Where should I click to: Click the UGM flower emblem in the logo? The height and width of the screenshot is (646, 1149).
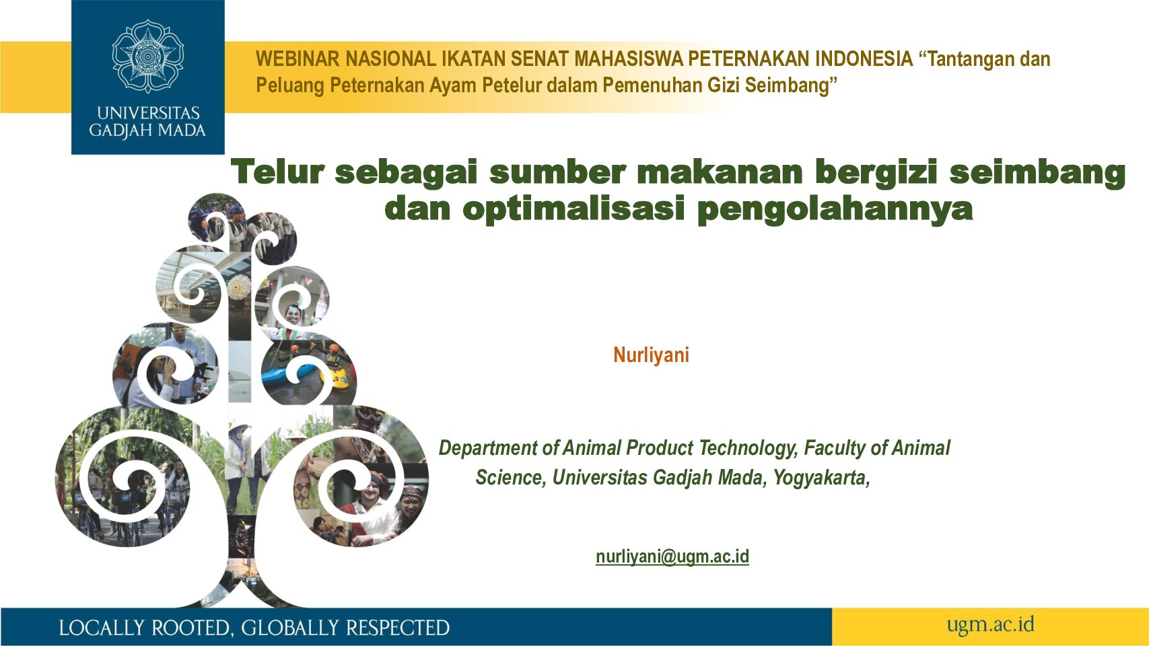147,57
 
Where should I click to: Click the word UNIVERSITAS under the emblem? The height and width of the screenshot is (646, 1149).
148,113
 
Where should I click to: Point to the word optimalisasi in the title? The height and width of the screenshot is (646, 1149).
574,209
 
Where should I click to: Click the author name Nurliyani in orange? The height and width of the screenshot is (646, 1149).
651,355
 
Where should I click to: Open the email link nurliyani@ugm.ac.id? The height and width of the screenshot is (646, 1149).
672,557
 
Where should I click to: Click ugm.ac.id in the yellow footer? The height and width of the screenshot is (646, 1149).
990,625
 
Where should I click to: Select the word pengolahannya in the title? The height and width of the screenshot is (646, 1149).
835,210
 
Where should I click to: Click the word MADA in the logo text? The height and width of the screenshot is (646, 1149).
182,131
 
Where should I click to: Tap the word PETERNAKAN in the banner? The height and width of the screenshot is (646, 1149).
749,59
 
